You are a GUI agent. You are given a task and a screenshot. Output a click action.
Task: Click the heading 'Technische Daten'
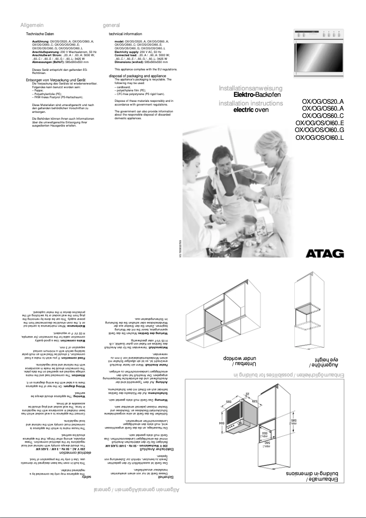pyautogui.click(x=40, y=34)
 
